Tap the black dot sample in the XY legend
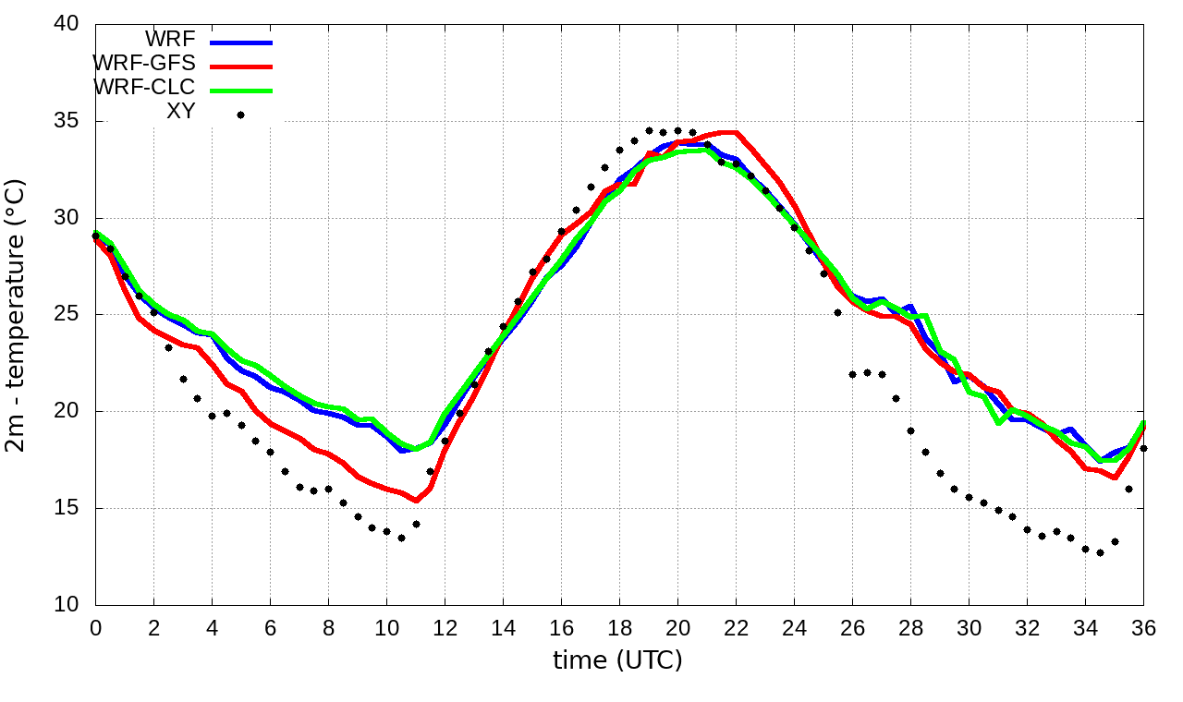click(x=240, y=115)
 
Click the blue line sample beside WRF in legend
click(x=241, y=42)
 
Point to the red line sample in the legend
click(x=241, y=67)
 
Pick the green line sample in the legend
click(x=241, y=91)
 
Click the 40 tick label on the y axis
click(x=67, y=24)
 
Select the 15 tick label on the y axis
click(x=67, y=508)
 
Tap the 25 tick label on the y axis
click(x=67, y=315)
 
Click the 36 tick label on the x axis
click(x=1144, y=626)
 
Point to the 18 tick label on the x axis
click(x=619, y=626)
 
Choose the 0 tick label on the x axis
click(x=95, y=626)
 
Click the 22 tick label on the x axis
click(x=736, y=626)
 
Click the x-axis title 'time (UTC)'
click(x=617, y=660)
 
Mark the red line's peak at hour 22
click(x=734, y=132)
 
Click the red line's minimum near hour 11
click(x=416, y=501)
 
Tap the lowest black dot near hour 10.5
click(x=401, y=538)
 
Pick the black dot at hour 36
click(x=1143, y=448)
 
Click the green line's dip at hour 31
click(x=999, y=423)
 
